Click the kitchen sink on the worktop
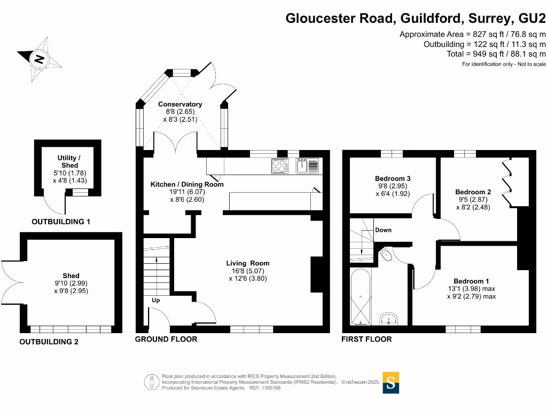coord(308,166)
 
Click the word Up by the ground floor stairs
coord(156,301)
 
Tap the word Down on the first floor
coord(383,230)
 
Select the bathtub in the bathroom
coord(361,296)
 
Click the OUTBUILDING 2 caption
coord(49,342)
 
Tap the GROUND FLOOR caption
coord(166,340)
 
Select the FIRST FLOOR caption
coord(366,340)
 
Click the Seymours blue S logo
coord(391,382)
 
